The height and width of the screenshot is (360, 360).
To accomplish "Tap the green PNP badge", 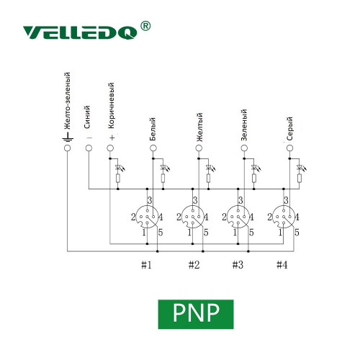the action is tap(196, 314).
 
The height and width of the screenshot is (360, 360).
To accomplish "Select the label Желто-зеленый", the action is tap(68, 102).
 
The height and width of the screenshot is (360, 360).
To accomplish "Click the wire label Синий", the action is tap(87, 117).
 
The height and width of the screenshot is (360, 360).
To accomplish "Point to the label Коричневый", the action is tap(111, 106).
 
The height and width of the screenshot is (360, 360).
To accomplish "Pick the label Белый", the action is tap(153, 129).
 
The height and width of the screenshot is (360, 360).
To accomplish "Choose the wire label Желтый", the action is tap(199, 127).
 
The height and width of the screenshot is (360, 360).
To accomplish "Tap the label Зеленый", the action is tap(243, 125).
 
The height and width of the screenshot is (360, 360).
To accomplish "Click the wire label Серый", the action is tap(289, 129).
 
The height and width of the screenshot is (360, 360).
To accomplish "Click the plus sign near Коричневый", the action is tap(112, 138).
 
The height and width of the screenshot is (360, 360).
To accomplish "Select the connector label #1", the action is tap(146, 265).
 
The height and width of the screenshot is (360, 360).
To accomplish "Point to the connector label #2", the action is tap(194, 265).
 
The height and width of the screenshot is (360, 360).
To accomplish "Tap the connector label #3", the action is tap(238, 265).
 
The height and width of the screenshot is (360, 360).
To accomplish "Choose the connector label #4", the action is tap(282, 265).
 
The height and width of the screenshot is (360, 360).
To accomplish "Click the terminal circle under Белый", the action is tap(153, 148).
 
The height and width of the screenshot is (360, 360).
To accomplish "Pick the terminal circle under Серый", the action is tap(289, 148).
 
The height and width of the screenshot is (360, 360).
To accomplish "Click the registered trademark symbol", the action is tap(145, 26).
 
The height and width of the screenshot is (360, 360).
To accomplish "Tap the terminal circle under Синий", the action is tap(89, 148).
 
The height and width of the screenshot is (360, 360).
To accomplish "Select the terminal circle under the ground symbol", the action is tap(68, 148).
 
